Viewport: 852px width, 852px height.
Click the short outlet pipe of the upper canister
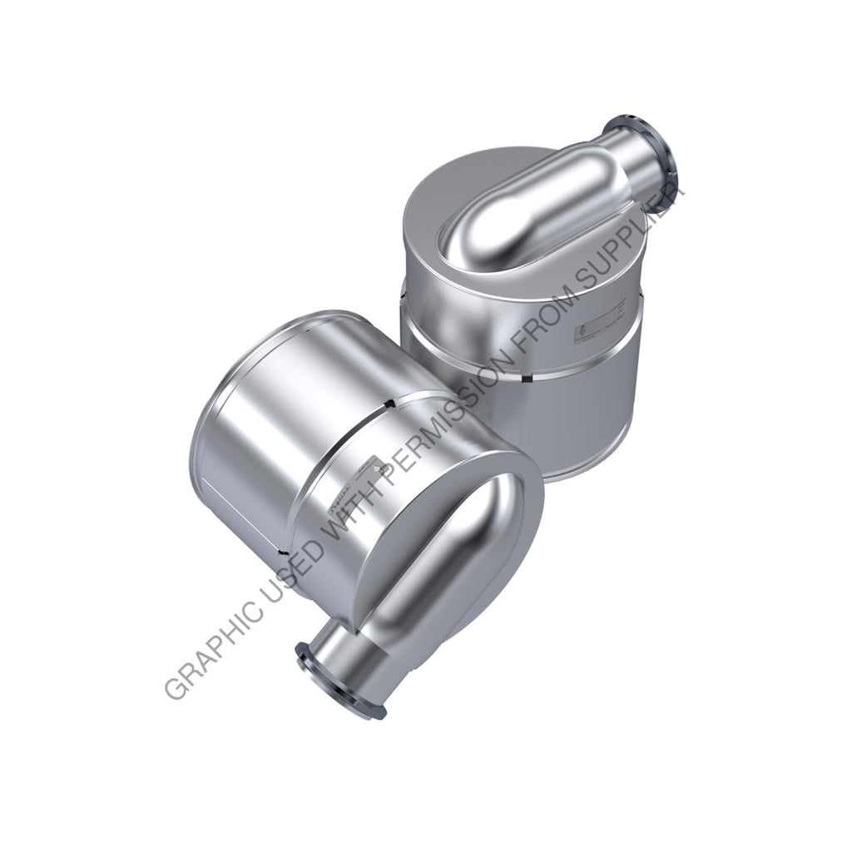pyautogui.click(x=632, y=150)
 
